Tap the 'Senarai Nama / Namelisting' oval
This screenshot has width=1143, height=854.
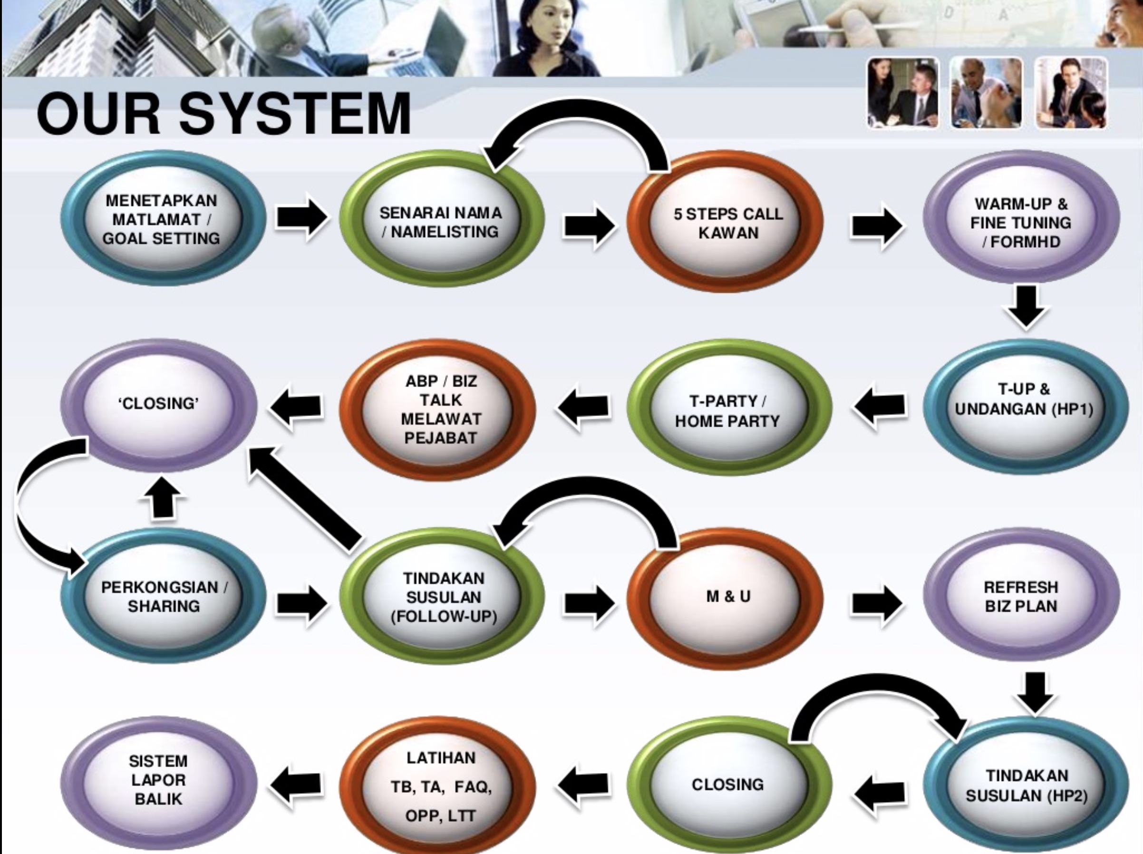click(442, 219)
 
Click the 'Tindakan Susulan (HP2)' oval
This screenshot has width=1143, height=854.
click(1026, 785)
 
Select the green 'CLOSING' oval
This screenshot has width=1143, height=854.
click(729, 785)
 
